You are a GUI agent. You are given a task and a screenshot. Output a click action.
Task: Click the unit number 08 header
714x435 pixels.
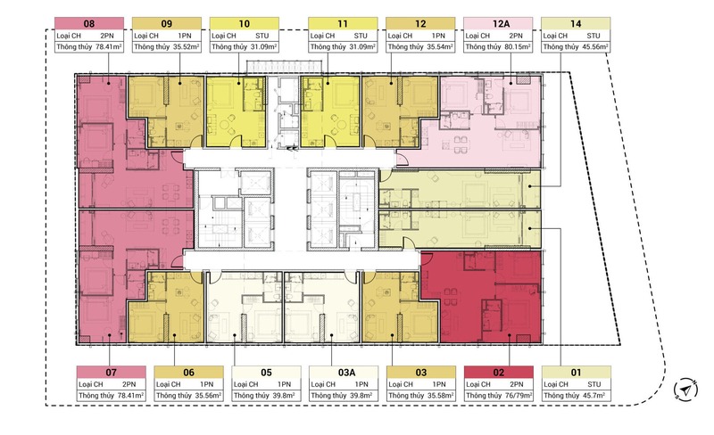coord(89,24)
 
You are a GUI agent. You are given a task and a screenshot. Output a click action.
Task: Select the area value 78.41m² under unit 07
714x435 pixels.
coord(130,396)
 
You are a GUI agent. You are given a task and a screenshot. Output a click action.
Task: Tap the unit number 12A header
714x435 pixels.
coord(501,24)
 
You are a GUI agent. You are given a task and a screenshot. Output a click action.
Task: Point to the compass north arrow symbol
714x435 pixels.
coord(685,389)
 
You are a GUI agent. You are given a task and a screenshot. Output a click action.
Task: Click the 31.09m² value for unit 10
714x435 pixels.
coord(263,47)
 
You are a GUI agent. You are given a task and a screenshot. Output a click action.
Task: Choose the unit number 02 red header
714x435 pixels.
coord(499,373)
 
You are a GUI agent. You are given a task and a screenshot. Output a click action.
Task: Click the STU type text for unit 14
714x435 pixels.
coord(594,36)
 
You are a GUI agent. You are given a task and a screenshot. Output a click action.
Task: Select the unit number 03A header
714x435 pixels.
coord(346,373)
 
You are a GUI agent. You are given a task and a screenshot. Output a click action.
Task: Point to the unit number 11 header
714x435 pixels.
coord(343,24)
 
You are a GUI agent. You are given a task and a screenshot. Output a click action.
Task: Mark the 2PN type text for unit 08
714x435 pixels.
coord(107,36)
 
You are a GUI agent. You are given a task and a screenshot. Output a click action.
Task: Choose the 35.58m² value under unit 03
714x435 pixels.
coord(440,396)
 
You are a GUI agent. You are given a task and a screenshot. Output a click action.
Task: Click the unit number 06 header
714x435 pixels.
coord(188,373)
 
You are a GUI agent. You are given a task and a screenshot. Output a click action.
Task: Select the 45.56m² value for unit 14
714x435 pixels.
coord(594,47)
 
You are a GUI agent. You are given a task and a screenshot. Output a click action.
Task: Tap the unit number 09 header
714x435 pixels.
coord(167,24)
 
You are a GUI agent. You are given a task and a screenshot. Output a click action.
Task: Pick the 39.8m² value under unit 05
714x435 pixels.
coord(284,396)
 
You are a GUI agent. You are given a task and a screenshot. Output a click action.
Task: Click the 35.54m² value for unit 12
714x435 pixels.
coord(440,47)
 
